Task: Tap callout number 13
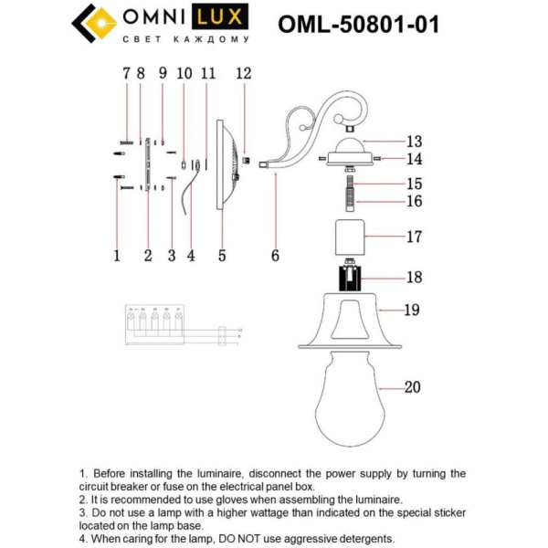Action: click(414, 142)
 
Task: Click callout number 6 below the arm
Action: click(275, 257)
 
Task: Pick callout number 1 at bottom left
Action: click(117, 257)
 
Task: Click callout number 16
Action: click(414, 201)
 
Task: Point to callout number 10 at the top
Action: click(184, 72)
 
